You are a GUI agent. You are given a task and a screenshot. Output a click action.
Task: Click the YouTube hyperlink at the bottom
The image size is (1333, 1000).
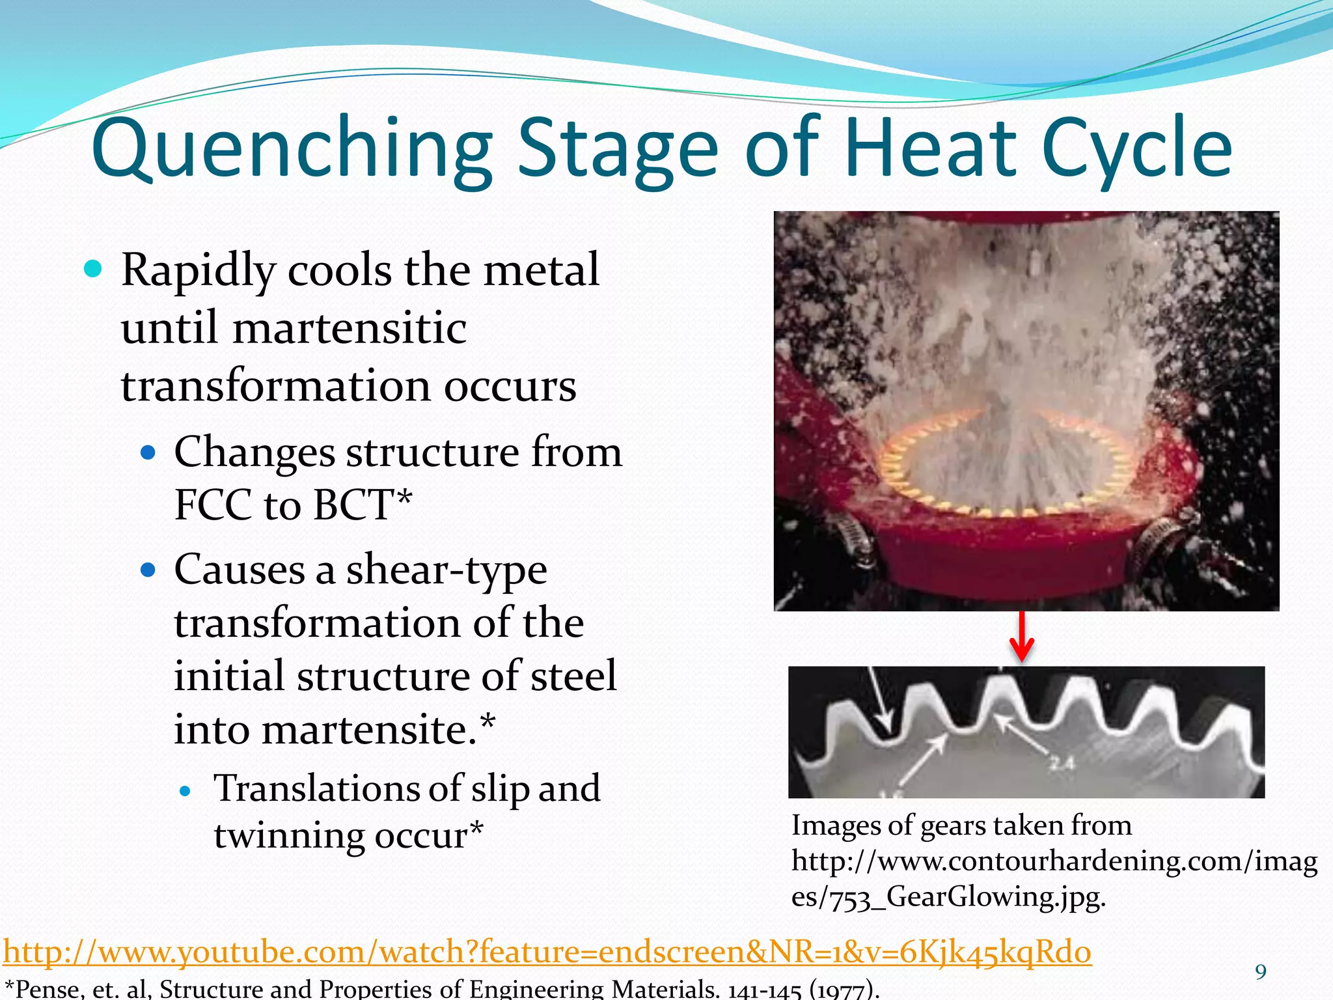[x=547, y=952]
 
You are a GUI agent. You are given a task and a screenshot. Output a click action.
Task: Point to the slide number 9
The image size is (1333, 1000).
[x=1261, y=972]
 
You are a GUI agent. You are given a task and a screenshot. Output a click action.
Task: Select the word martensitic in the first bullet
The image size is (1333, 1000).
[x=350, y=327]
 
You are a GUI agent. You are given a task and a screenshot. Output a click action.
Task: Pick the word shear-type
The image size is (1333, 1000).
[x=446, y=570]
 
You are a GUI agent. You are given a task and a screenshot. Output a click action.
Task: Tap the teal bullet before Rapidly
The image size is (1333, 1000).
[x=94, y=269]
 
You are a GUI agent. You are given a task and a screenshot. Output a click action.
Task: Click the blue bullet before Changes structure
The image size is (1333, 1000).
[x=148, y=452]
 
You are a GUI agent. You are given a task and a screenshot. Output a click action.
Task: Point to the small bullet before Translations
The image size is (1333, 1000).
[x=186, y=792]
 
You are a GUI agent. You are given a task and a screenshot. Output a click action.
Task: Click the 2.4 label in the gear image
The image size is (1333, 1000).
[x=1061, y=762]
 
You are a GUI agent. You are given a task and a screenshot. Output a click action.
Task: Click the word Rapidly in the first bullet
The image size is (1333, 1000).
[x=199, y=270]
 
